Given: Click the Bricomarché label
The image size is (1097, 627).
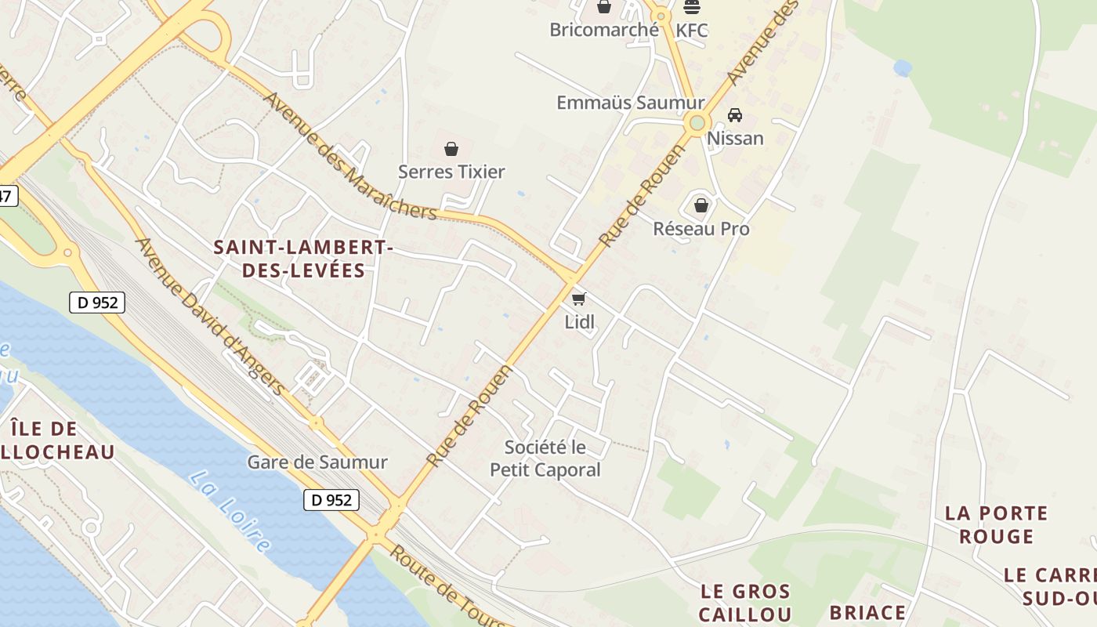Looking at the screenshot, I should [604, 30].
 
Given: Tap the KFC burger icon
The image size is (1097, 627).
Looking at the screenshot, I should [692, 7].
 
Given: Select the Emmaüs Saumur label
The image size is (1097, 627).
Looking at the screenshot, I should [630, 103].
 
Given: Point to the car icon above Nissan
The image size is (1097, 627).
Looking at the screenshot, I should [735, 115].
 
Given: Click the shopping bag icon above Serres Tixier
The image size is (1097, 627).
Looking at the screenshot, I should [451, 149].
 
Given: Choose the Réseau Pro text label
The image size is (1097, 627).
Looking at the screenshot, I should [701, 229].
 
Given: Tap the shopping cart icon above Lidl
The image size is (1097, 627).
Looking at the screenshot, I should [579, 299].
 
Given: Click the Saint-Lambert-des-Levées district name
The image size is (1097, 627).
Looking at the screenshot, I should [303, 259].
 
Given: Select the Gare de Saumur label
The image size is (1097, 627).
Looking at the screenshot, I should [317, 462].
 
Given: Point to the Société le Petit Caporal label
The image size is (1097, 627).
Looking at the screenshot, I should [545, 458].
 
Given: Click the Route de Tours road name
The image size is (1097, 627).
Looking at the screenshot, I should [447, 586].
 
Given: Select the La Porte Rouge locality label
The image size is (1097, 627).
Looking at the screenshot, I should [996, 524].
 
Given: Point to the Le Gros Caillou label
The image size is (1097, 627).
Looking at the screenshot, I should [744, 602].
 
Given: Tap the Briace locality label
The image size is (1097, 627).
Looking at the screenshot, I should [867, 612].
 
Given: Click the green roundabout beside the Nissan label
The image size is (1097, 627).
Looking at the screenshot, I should [697, 123].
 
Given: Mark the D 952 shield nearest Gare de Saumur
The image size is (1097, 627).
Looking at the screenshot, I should [331, 500].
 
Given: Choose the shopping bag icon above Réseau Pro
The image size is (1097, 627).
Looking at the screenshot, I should [701, 205].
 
